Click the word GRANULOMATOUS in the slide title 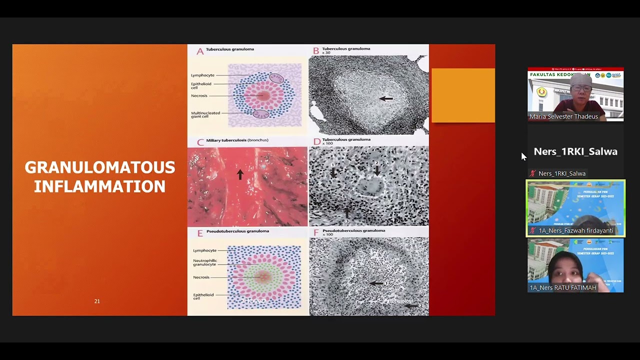[x=100, y=167]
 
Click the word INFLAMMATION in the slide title [x=99, y=187]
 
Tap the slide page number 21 [x=97, y=301]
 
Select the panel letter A [x=200, y=51]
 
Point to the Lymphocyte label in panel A [x=202, y=75]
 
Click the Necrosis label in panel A [x=199, y=96]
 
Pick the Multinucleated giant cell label [x=205, y=114]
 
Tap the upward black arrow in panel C [x=240, y=173]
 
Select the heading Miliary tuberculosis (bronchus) [x=237, y=140]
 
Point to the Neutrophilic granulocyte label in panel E [x=204, y=262]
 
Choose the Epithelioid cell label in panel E [x=203, y=296]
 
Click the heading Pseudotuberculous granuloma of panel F [x=353, y=231]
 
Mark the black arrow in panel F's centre [x=376, y=283]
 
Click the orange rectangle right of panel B [x=463, y=95]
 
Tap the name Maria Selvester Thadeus [x=563, y=116]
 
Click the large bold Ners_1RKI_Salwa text [x=575, y=151]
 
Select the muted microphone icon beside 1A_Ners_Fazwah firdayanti [x=533, y=230]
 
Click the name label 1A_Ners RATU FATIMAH [x=562, y=287]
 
